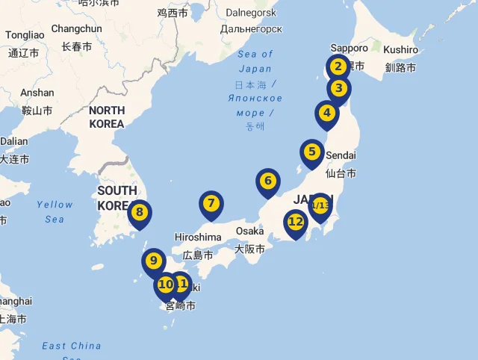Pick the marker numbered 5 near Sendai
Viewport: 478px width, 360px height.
[x=312, y=152]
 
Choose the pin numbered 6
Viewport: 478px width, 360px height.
[x=267, y=181]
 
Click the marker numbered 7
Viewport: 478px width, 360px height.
[x=211, y=203]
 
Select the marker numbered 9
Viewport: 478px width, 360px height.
[x=153, y=261]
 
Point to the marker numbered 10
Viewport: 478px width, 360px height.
[x=166, y=285]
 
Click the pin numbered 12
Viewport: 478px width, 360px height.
[x=296, y=222]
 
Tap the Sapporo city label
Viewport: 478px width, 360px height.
[x=350, y=48]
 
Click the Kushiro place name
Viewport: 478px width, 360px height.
[x=401, y=49]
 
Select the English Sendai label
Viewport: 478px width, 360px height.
[x=341, y=155]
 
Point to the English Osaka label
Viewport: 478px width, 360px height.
[x=250, y=231]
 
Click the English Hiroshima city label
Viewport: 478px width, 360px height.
[x=198, y=238]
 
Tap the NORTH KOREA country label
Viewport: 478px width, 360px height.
[x=107, y=117]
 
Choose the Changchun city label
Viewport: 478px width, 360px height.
[x=76, y=29]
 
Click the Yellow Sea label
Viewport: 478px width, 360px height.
[x=55, y=211]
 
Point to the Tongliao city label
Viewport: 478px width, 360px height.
[x=25, y=35]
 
